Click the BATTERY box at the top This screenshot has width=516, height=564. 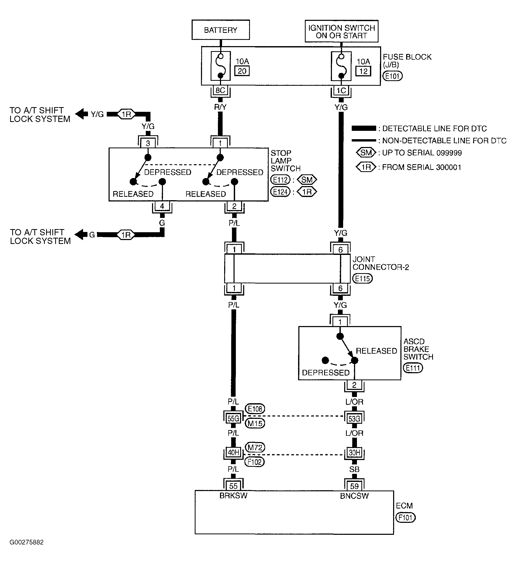[221, 30]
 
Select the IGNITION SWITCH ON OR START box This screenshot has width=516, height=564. [341, 31]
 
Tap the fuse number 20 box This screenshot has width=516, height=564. [242, 71]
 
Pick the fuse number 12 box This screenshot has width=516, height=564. [363, 71]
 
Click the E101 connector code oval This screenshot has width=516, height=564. [392, 76]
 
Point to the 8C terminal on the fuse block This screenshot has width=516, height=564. [220, 90]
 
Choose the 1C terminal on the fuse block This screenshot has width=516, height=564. [341, 90]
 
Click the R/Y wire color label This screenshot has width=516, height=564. [220, 107]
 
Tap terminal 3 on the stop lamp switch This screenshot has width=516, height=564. [148, 143]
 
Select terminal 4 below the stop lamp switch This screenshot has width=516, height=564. [162, 206]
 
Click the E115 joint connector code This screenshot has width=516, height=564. [363, 279]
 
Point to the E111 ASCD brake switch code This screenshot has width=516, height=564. [413, 368]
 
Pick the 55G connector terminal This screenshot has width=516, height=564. [234, 419]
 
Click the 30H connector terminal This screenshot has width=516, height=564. [354, 452]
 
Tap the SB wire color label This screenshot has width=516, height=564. [354, 469]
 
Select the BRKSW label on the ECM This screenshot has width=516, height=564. [234, 496]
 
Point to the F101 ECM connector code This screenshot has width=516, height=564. [406, 518]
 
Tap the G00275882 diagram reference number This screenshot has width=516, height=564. [27, 542]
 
